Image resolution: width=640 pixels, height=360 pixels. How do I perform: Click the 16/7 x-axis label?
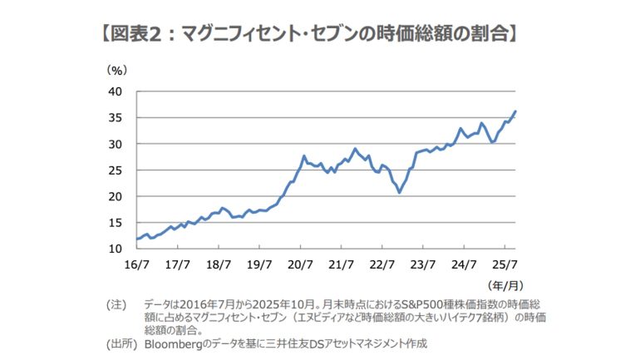[135, 265]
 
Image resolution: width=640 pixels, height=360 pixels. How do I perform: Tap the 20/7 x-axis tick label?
[299, 265]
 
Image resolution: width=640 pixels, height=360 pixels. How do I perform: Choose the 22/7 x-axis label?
[381, 265]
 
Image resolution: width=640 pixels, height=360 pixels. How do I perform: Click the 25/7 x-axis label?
[504, 265]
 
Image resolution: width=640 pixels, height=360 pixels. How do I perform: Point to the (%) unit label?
[116, 71]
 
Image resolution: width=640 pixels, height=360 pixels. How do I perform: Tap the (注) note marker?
[116, 304]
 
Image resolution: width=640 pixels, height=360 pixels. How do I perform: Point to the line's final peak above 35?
[515, 111]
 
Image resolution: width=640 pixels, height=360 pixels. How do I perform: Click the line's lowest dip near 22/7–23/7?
[400, 192]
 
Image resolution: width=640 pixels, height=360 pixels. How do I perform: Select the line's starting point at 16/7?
[135, 239]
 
